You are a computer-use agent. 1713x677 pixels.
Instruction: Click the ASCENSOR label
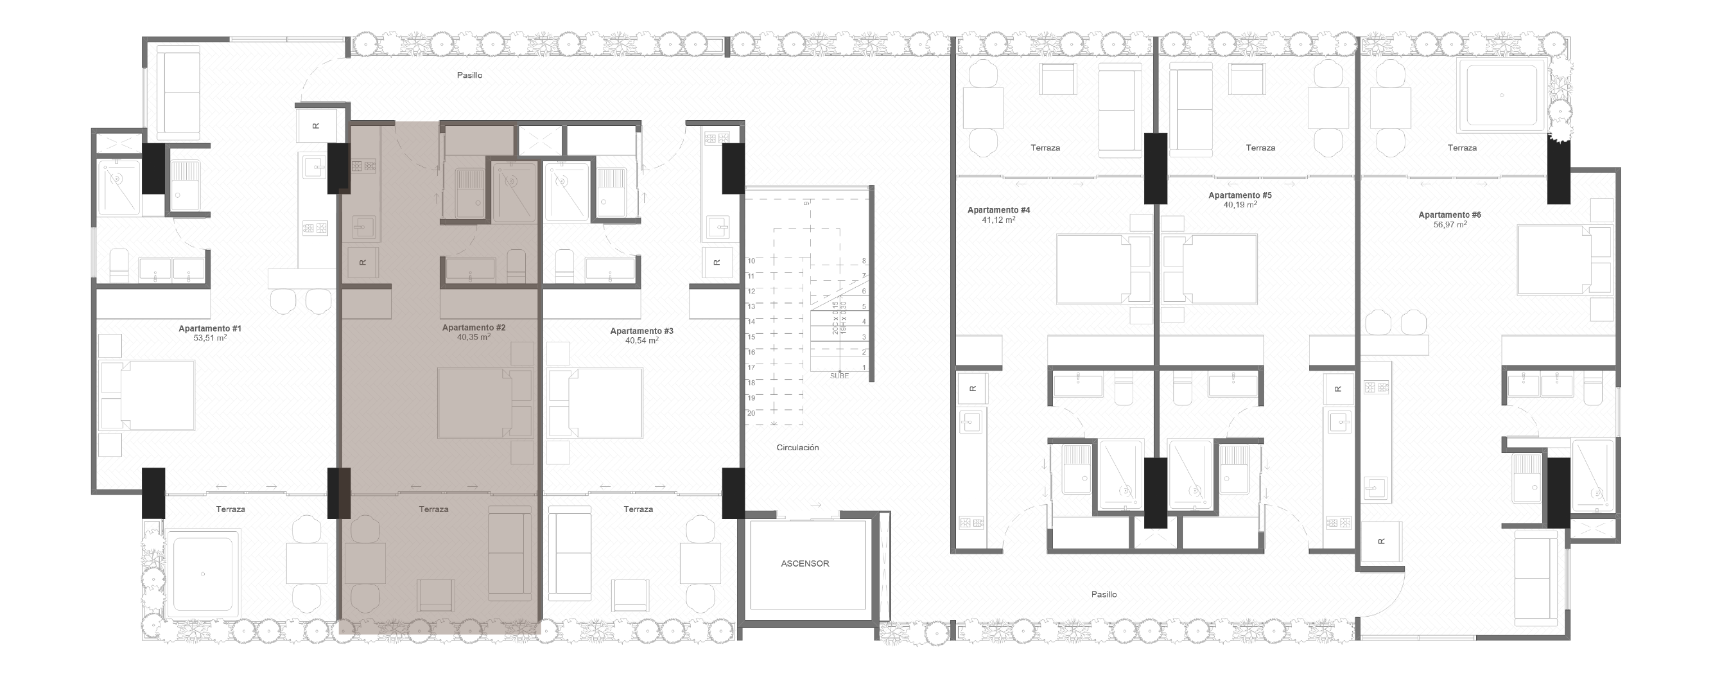pyautogui.click(x=804, y=563)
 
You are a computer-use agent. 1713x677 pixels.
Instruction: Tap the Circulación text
pyautogui.click(x=797, y=448)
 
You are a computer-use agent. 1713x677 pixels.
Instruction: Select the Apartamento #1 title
pyautogui.click(x=209, y=328)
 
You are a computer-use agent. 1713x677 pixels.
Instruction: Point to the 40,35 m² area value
pyautogui.click(x=473, y=337)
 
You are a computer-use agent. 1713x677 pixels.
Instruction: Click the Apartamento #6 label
pyautogui.click(x=1450, y=215)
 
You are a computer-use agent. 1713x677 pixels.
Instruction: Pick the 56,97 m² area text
pyautogui.click(x=1450, y=225)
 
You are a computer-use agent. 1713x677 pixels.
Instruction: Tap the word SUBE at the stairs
pyautogui.click(x=839, y=376)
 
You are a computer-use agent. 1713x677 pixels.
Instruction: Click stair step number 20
pyautogui.click(x=751, y=413)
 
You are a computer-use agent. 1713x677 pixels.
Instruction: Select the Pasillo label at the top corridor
pyautogui.click(x=469, y=75)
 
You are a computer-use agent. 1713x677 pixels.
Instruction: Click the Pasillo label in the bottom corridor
pyautogui.click(x=1104, y=595)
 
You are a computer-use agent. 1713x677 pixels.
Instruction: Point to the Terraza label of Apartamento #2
pyautogui.click(x=433, y=509)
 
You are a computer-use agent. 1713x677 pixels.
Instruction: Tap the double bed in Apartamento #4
pyautogui.click(x=1094, y=268)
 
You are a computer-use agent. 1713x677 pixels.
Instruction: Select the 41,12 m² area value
pyautogui.click(x=998, y=220)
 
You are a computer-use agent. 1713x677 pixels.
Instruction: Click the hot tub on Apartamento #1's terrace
pyautogui.click(x=203, y=573)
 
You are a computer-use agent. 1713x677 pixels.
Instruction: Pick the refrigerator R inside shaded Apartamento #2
pyautogui.click(x=362, y=262)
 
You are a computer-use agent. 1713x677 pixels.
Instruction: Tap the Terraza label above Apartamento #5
pyautogui.click(x=1260, y=148)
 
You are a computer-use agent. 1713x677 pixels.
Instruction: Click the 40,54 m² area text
pyautogui.click(x=641, y=340)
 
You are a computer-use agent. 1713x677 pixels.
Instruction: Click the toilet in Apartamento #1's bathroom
pyautogui.click(x=119, y=265)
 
